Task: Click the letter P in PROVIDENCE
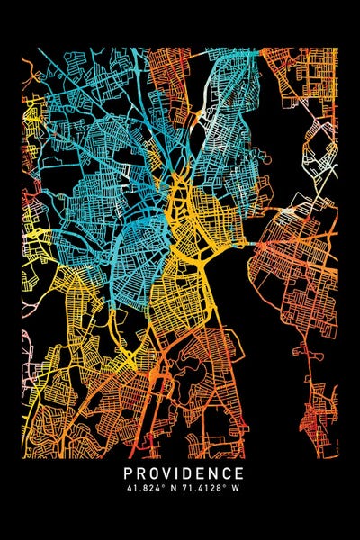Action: pyautogui.click(x=129, y=473)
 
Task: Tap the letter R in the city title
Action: pyautogui.click(x=141, y=473)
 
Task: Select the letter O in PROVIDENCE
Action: pyautogui.click(x=154, y=473)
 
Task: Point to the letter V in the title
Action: pyautogui.click(x=167, y=473)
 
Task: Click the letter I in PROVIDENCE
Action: pyautogui.click(x=177, y=473)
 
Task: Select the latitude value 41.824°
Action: pyautogui.click(x=148, y=490)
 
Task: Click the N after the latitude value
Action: pyautogui.click(x=173, y=490)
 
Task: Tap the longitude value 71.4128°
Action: pyautogui.click(x=202, y=490)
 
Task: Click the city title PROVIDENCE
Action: pyautogui.click(x=184, y=473)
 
